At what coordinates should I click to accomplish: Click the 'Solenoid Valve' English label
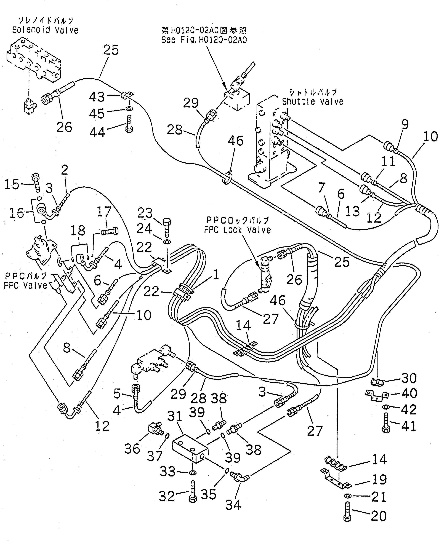(x=45, y=30)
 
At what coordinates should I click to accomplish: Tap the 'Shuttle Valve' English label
(x=313, y=102)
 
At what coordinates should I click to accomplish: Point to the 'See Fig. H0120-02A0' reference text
(x=204, y=40)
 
